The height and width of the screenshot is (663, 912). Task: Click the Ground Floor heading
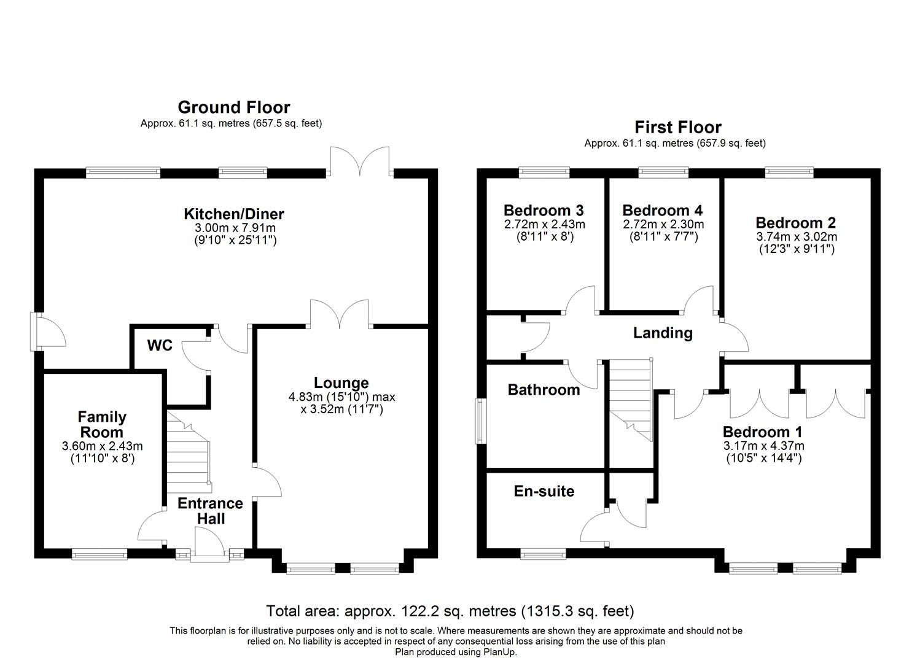(233, 107)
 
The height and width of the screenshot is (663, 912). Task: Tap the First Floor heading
(677, 127)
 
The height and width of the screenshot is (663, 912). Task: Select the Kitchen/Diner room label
(234, 214)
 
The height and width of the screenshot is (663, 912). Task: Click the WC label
(160, 346)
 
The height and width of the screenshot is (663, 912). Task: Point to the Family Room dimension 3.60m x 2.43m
(102, 446)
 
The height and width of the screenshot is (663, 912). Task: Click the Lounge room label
(341, 383)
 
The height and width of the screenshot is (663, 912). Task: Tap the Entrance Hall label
(210, 511)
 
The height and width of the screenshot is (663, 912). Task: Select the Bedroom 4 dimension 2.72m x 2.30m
(663, 225)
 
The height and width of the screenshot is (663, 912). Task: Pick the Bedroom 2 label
(795, 223)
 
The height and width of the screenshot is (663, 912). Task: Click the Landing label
(663, 333)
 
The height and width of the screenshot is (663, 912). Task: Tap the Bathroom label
(544, 390)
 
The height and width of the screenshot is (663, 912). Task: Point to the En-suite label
(544, 491)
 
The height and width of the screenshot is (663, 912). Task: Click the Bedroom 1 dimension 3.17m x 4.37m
(763, 446)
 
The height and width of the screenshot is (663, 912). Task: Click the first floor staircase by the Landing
(631, 399)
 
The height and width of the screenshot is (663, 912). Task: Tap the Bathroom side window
(480, 421)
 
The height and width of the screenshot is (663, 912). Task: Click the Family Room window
(99, 555)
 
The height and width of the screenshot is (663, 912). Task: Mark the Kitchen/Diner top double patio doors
(361, 162)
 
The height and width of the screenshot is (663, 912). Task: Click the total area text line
(450, 611)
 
